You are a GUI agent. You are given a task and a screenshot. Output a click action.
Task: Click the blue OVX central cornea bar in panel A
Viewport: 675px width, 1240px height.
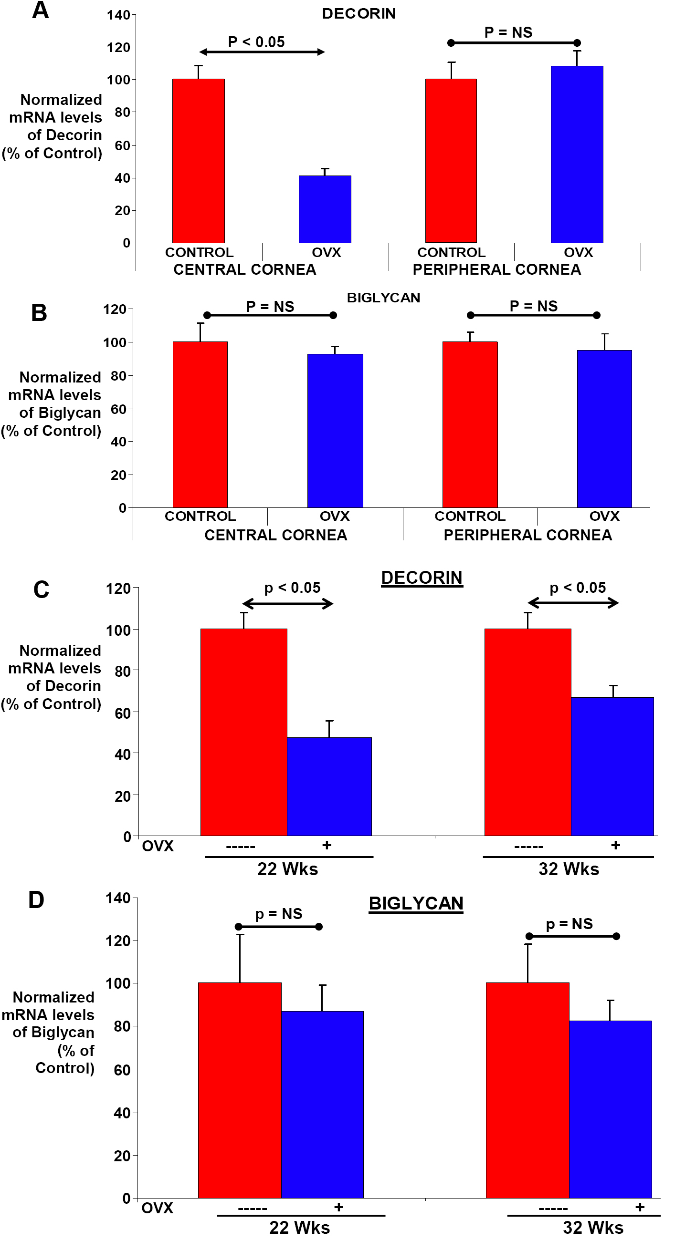coord(325,209)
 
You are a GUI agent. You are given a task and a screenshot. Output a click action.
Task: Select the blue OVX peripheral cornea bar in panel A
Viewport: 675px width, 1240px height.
coord(577,154)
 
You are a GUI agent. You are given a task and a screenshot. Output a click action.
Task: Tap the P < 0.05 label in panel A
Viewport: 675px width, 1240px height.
coord(256,42)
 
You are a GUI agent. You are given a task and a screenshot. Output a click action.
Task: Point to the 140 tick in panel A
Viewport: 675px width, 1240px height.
coord(118,15)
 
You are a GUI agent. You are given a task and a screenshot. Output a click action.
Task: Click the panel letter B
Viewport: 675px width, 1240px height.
coord(39,312)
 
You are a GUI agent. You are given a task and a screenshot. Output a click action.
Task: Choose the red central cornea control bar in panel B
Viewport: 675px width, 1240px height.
coord(200,424)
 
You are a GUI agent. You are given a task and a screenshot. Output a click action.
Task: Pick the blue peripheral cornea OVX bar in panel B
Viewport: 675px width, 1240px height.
coord(604,428)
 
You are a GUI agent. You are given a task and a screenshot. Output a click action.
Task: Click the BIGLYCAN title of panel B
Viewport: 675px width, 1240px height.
coord(383,298)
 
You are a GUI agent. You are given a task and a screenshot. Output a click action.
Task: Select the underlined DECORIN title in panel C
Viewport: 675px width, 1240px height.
coord(422,577)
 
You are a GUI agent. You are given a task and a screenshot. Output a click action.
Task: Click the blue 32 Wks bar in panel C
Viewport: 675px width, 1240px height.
coord(612,766)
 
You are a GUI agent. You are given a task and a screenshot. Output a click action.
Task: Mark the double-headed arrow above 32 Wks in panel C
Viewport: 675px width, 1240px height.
coord(573,603)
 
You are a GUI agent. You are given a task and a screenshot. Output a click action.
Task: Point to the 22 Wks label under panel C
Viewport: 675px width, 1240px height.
coord(288,869)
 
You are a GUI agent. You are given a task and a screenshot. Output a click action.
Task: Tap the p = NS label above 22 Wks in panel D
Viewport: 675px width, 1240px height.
coord(278,914)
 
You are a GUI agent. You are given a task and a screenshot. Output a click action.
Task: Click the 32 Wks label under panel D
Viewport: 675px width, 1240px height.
coord(593,1227)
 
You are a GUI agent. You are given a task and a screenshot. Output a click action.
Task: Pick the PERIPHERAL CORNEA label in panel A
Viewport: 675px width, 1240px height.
coord(497,269)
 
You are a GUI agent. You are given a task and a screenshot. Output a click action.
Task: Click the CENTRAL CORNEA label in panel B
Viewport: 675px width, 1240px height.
coord(275,535)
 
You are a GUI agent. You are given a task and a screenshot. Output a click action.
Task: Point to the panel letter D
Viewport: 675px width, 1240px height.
coord(37,899)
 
